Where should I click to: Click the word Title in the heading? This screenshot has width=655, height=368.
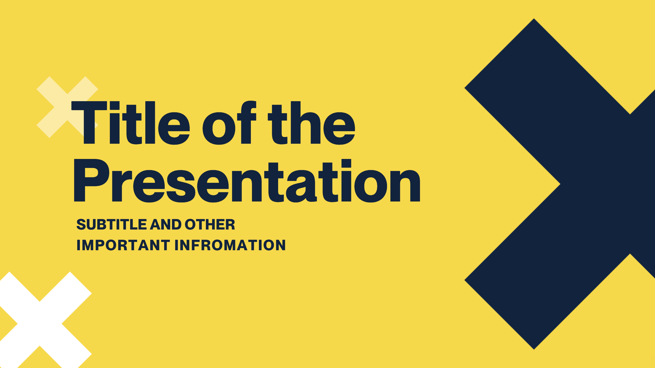click(130, 123)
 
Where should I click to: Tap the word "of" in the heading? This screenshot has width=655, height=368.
click(229, 123)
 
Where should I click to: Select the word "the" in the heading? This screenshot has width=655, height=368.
click(311, 123)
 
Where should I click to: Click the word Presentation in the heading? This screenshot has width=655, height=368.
click(247, 180)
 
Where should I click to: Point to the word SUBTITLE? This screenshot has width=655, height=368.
click(112, 224)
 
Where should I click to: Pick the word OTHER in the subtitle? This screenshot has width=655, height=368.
click(210, 224)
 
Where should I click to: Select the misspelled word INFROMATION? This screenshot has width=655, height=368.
click(230, 245)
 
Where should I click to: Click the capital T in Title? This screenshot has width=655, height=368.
click(89, 123)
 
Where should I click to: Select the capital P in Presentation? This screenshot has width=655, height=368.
click(91, 180)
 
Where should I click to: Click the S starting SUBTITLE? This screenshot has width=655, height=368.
click(81, 224)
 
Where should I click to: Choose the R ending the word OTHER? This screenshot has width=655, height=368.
click(230, 224)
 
